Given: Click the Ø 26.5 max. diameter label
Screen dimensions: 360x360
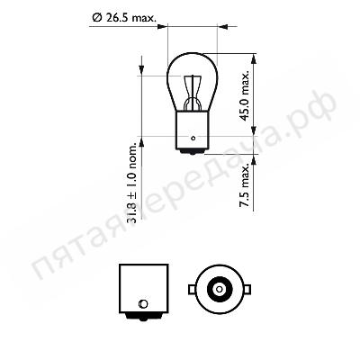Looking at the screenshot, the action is point(124,18).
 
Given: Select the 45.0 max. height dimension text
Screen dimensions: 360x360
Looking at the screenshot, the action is point(245,96).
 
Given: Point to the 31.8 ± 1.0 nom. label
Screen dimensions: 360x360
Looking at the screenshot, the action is point(132,185).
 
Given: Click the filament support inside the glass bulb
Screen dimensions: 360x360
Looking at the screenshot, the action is point(192,93).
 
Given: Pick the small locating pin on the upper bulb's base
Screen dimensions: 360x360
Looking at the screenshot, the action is point(193,139).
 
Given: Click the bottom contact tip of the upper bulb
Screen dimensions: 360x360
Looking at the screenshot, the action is point(192,153).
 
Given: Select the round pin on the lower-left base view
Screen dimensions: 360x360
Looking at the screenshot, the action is point(143,303).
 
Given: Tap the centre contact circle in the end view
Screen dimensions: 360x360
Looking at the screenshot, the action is point(220,290).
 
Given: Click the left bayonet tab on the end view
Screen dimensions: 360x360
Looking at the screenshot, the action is point(192,290).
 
